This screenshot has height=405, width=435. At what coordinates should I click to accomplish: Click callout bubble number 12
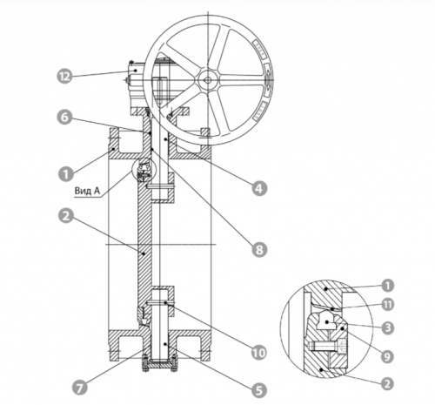point(64,77)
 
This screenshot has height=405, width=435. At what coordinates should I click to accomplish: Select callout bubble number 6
point(64,118)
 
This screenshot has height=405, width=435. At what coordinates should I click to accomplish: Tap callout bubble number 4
point(259,188)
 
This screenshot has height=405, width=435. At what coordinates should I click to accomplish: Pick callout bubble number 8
point(259,250)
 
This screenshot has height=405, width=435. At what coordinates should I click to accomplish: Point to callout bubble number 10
point(259,353)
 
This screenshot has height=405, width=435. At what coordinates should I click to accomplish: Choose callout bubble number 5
point(259,390)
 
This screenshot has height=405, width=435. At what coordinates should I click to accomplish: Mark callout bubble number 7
point(80,388)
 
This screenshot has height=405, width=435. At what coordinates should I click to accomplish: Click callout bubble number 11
point(387,305)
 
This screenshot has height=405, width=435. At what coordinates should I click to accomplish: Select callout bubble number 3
point(387,328)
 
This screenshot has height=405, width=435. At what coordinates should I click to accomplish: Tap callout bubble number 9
point(387,356)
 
